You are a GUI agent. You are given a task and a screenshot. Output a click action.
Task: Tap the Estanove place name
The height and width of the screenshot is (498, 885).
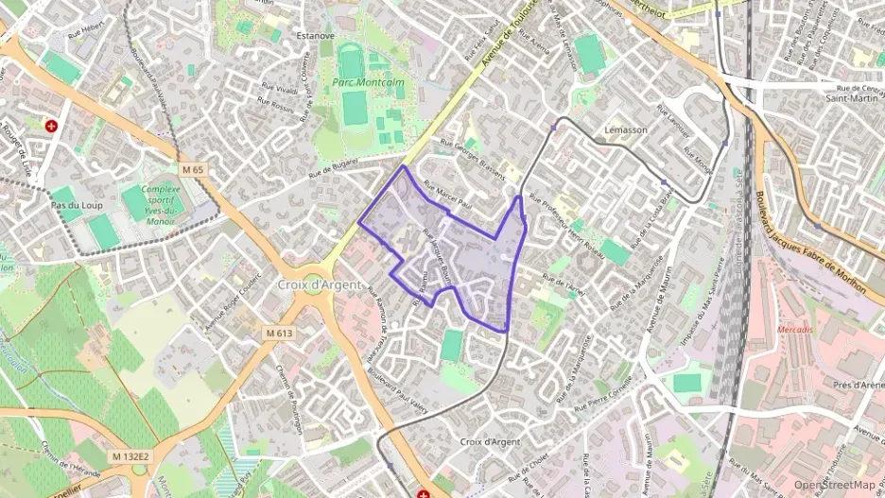point(316,36)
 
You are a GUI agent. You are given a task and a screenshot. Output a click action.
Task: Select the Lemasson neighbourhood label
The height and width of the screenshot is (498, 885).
point(625,129)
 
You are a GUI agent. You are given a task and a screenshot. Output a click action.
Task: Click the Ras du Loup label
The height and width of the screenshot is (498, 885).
point(77,205)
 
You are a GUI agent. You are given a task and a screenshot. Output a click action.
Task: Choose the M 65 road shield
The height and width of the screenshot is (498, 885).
point(193,170)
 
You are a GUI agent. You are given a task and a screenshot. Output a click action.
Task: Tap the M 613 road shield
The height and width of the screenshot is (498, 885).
point(280,333)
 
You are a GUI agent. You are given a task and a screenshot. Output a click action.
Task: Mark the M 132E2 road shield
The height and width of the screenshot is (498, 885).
point(130,456)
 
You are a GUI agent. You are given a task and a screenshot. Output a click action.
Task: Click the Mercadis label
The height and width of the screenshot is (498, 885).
point(794,329)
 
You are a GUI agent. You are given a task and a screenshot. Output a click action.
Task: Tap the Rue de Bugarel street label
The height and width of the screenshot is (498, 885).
point(336,171)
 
